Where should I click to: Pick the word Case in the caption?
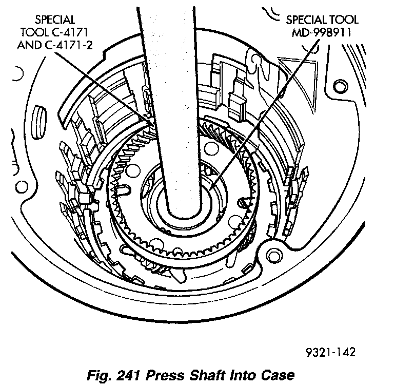click(x=279, y=373)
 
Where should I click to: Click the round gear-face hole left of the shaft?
click(x=134, y=169)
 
